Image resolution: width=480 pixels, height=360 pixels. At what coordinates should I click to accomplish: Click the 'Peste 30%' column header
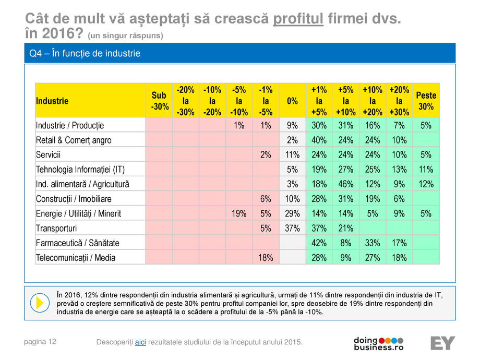[426, 101]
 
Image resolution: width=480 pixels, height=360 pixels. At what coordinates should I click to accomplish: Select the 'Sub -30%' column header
[159, 101]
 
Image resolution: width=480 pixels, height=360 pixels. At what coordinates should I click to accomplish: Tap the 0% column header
[292, 101]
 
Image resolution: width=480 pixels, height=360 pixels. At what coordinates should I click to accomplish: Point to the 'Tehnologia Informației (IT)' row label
[80, 170]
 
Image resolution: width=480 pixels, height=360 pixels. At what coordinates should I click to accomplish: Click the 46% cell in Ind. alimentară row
[345, 184]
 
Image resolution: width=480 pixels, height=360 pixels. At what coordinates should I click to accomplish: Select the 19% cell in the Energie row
[239, 213]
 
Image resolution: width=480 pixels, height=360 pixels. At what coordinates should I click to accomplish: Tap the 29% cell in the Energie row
[292, 213]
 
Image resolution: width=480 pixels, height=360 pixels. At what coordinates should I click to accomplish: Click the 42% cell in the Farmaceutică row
[319, 243]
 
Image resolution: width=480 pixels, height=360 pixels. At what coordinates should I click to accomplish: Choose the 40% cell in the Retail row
[319, 140]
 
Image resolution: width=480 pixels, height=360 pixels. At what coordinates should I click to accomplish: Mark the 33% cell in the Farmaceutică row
[372, 243]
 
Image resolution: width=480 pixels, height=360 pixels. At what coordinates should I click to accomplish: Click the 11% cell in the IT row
[426, 170]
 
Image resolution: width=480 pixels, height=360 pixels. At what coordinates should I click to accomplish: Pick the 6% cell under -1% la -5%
[266, 199]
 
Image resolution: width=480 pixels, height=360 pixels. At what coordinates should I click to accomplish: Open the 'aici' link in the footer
[140, 342]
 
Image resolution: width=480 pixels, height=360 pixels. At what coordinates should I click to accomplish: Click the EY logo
[442, 343]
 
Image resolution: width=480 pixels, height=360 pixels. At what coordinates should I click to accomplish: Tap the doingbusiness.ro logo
[378, 343]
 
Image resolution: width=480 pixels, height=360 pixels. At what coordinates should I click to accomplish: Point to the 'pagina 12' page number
[40, 342]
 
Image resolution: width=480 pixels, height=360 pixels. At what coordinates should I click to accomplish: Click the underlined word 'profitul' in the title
[300, 20]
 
